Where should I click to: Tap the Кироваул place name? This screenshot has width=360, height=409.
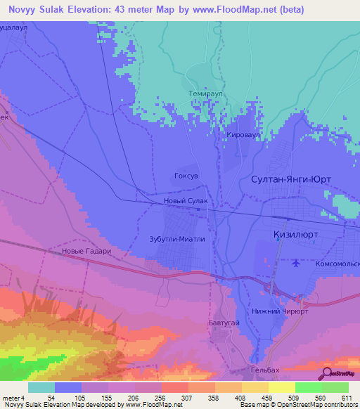[244, 134]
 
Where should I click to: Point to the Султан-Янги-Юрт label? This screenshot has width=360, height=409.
[290, 180]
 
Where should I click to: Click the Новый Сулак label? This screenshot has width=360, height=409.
[185, 202]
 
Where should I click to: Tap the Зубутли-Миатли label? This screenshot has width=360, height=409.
[176, 238]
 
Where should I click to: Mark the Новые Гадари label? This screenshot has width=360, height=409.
[87, 251]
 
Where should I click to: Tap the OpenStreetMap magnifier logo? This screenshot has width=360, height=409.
[328, 373]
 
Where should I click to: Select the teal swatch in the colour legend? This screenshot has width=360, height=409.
[41, 387]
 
